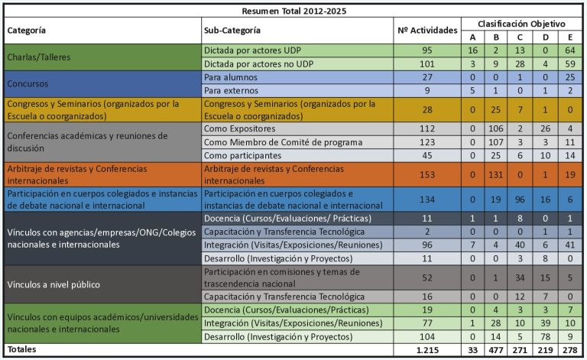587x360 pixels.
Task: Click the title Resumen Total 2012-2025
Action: click(293, 11)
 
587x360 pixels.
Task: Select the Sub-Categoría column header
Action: click(232, 31)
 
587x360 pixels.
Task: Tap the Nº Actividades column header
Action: click(427, 31)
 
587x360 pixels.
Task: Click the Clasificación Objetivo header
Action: click(521, 24)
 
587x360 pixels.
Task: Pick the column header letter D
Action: click(546, 37)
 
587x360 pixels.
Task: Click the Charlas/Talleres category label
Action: click(39, 57)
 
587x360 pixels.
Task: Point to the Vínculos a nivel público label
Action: click(54, 285)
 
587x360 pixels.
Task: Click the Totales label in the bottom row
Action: click(21, 349)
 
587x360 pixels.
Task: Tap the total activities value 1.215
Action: click(427, 350)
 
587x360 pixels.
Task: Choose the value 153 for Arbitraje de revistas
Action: click(427, 175)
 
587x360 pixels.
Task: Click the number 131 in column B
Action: click(495, 175)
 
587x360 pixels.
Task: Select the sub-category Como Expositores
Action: click(239, 128)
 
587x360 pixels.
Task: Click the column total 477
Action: click(495, 350)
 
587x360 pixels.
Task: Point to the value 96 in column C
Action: click(520, 199)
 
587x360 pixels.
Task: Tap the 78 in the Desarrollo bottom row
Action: click(546, 337)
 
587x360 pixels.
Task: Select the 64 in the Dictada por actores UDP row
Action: click(570, 50)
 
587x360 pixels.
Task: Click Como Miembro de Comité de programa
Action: click(283, 142)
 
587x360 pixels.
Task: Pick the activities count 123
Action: click(427, 142)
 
